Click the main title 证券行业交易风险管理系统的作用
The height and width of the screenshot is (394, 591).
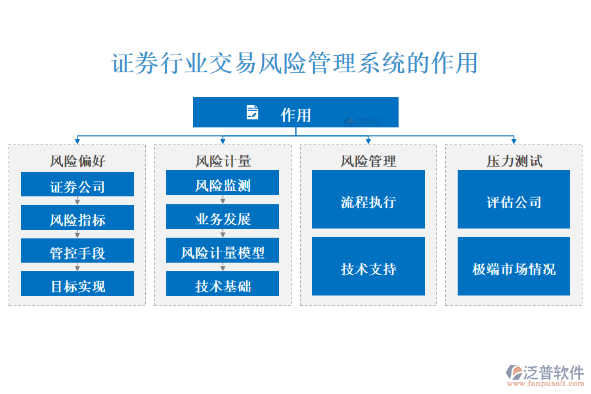[295, 64]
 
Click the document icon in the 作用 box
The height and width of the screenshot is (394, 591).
[252, 112]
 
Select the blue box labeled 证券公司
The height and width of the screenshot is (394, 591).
[77, 185]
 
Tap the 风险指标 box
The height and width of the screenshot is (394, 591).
[77, 218]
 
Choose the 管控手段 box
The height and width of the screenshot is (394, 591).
[77, 252]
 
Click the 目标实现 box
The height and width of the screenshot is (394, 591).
[77, 284]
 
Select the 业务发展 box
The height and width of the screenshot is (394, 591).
[223, 217]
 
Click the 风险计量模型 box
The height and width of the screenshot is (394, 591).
[223, 251]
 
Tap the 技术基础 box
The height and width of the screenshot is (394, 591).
[223, 284]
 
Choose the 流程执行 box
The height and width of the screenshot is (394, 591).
[368, 200]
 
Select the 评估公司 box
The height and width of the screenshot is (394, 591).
[514, 200]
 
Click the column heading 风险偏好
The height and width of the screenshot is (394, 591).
[77, 161]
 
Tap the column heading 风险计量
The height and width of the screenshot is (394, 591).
[223, 161]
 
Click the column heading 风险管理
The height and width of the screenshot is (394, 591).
[368, 161]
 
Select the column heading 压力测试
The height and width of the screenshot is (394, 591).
[514, 161]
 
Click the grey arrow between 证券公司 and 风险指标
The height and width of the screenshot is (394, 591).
[77, 200]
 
